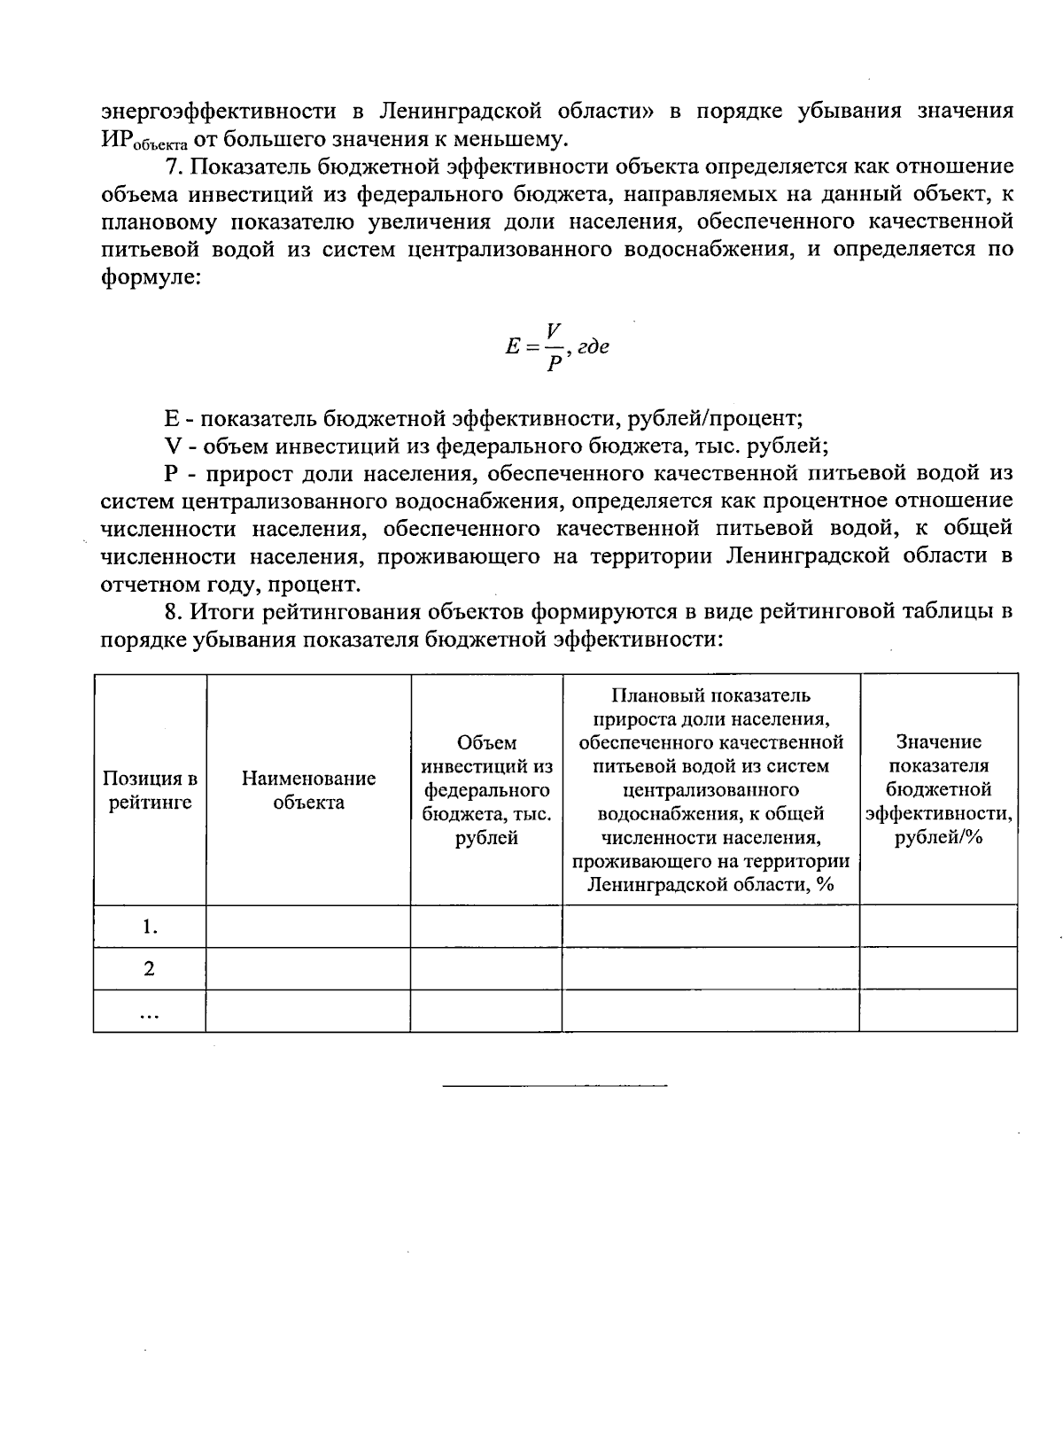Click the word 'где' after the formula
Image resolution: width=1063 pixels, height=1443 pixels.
click(x=592, y=347)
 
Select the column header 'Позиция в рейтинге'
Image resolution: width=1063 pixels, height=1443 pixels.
click(x=150, y=790)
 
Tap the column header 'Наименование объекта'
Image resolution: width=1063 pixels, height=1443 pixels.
click(x=308, y=790)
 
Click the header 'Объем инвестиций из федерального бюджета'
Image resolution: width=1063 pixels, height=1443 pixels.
click(x=486, y=790)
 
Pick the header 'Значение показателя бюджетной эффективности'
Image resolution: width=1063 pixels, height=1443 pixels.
click(x=938, y=790)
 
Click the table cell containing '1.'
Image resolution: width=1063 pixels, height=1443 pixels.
click(x=150, y=927)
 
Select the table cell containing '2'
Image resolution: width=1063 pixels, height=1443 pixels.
click(x=150, y=968)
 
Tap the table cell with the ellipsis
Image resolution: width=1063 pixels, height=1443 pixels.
click(x=150, y=1011)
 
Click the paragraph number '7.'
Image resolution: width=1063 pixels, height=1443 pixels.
click(x=175, y=167)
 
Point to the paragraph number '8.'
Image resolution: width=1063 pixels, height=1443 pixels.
click(x=175, y=611)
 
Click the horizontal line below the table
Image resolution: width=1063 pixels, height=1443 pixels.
click(x=554, y=1085)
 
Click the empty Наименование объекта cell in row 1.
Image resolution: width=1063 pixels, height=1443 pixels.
click(x=308, y=927)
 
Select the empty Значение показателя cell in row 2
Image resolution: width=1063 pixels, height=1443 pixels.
click(x=938, y=968)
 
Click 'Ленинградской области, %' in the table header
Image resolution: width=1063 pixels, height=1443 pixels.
click(x=711, y=885)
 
